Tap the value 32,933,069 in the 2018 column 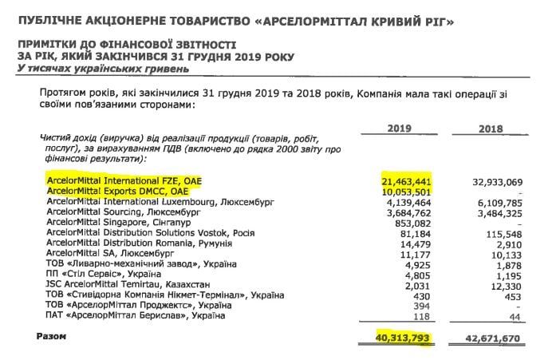click(500, 182)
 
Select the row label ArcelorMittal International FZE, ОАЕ click(124, 182)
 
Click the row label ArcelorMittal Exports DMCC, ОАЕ click(120, 192)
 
